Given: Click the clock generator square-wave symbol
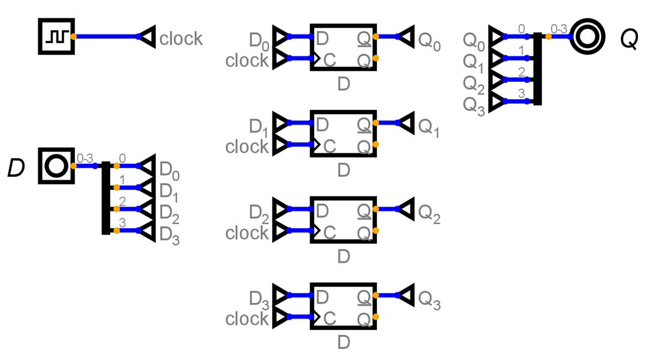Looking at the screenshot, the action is [x=56, y=36].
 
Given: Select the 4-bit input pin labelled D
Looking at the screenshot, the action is [x=56, y=166].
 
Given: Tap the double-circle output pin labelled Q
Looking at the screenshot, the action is [x=587, y=36].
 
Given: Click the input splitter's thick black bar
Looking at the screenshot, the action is [x=105, y=198].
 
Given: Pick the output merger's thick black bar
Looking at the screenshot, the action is [x=537, y=69].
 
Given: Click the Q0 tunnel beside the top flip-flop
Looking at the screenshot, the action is [x=406, y=36].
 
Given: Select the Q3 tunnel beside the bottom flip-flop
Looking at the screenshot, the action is [x=406, y=295].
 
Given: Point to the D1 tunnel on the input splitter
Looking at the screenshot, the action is [x=147, y=187].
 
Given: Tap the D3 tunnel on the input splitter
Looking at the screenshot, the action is [x=147, y=230].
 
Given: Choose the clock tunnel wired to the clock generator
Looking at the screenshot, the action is [x=147, y=36].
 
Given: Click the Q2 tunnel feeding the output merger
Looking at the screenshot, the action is [x=496, y=79].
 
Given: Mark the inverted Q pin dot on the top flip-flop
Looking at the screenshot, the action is [x=376, y=58].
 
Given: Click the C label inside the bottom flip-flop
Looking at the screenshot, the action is [x=330, y=318].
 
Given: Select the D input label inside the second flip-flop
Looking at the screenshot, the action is [x=322, y=124].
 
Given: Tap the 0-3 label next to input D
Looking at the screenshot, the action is [x=85, y=158].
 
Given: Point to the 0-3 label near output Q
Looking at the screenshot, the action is [x=559, y=29].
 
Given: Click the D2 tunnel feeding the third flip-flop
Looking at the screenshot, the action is [x=281, y=209].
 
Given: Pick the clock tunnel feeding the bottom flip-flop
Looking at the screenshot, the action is [x=281, y=316].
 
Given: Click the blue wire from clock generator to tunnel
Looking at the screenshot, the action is [x=105, y=36].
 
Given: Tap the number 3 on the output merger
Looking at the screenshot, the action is [x=522, y=93].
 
